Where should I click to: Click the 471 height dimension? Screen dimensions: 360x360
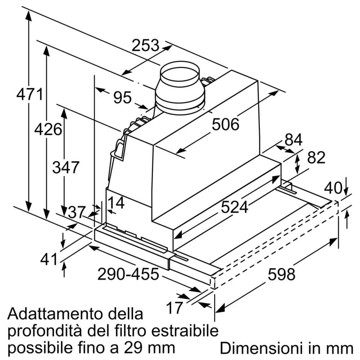coord(30,94)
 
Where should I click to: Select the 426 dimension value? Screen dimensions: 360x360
coord(48,129)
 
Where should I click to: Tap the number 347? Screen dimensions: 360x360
coord(66,167)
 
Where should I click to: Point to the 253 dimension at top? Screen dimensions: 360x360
coord(145,46)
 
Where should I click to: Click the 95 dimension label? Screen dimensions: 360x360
coord(122,97)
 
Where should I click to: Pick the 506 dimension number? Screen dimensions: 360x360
coord(225,125)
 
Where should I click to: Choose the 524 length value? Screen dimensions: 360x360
coord(234,207)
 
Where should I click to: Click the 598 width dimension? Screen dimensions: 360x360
coord(281,274)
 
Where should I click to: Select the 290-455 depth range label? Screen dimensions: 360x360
coord(128,274)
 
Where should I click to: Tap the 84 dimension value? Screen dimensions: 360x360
coord(293,140)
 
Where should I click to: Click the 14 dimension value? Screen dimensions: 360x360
coord(116,203)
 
